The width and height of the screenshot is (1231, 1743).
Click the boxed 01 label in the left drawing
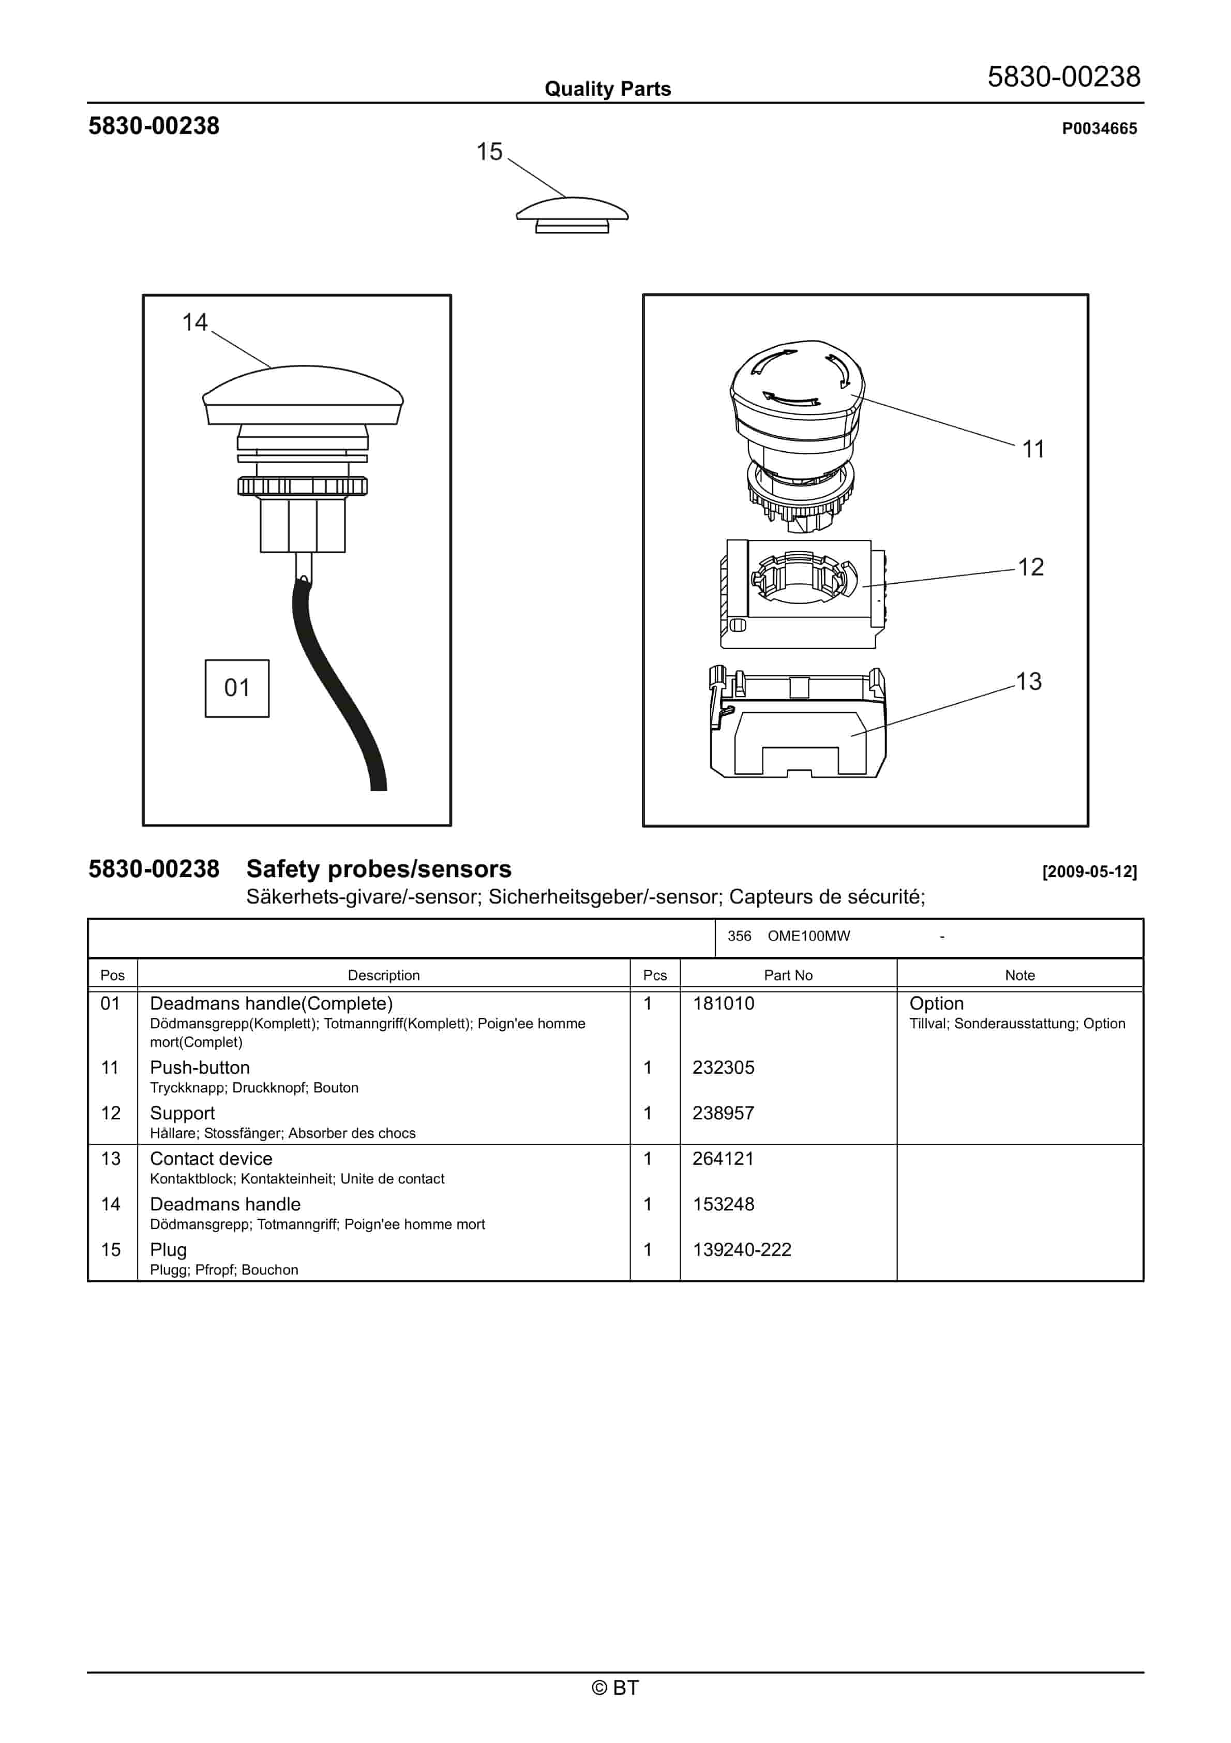pyautogui.click(x=237, y=688)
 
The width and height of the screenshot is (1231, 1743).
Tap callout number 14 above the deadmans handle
pyautogui.click(x=194, y=322)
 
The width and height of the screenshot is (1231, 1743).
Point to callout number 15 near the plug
pyautogui.click(x=489, y=152)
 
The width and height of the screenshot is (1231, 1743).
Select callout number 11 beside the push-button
pyautogui.click(x=1033, y=449)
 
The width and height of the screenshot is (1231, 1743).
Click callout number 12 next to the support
pyautogui.click(x=1031, y=567)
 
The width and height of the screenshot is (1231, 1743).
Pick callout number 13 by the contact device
pyautogui.click(x=1028, y=682)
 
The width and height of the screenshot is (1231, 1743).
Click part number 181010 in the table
pyautogui.click(x=723, y=1003)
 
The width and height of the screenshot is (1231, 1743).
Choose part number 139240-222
pyautogui.click(x=742, y=1250)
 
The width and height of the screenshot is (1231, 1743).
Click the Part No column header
pyautogui.click(x=788, y=976)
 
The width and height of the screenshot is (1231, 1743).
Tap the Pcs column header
pyautogui.click(x=654, y=976)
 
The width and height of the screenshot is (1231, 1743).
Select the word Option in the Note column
pyautogui.click(x=936, y=1003)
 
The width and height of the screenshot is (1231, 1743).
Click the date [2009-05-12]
pyautogui.click(x=1089, y=871)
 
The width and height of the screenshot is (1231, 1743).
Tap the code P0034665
pyautogui.click(x=1099, y=129)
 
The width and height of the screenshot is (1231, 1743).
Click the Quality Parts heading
pyautogui.click(x=607, y=89)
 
